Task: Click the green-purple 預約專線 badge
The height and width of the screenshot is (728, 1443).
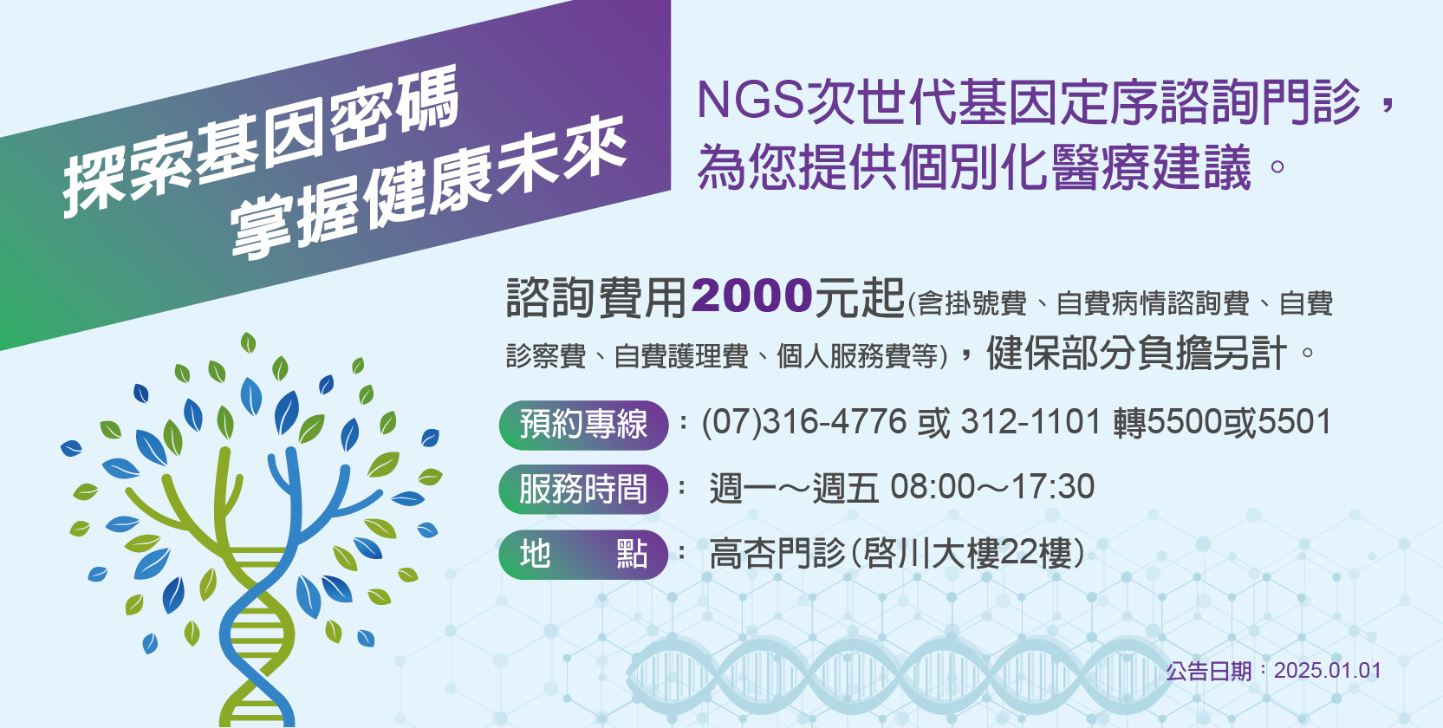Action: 583,425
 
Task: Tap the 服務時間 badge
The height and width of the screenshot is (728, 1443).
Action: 583,489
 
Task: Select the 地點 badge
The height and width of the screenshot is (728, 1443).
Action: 583,554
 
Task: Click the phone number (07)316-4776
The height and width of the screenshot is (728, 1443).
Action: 804,423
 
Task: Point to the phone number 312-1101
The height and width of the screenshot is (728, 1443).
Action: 1030,423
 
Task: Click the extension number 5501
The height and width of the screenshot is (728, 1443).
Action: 1295,423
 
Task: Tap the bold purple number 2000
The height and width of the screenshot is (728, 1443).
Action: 751,297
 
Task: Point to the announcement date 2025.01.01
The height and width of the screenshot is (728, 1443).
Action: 1328,671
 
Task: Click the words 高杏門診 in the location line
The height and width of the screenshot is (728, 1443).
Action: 777,554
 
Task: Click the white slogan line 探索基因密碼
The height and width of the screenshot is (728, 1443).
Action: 261,140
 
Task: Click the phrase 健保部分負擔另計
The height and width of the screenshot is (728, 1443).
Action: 1136,353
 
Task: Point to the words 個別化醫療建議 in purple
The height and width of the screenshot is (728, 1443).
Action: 1076,167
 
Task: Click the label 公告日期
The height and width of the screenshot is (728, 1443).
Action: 1208,672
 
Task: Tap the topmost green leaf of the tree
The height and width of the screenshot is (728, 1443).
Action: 248,342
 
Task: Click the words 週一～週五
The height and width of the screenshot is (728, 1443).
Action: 794,488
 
